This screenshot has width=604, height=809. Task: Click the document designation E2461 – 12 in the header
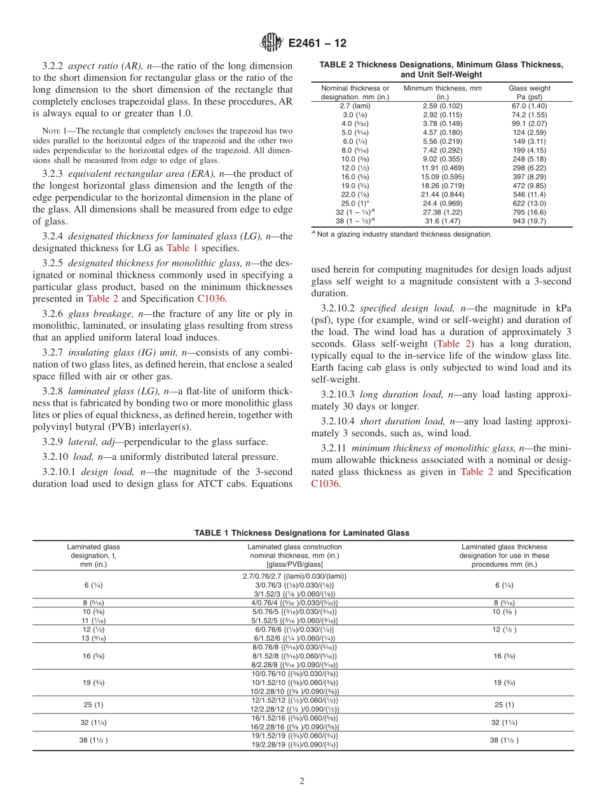coord(317,43)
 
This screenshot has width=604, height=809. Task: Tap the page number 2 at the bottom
coord(302,782)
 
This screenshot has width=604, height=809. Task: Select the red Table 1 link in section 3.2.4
coord(182,248)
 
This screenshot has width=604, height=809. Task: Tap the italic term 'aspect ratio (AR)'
coord(106,66)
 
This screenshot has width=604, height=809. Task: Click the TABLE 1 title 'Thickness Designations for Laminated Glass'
coord(302,533)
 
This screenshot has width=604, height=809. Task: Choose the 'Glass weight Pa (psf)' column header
coord(529,93)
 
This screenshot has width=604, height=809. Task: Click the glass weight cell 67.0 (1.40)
coord(529,106)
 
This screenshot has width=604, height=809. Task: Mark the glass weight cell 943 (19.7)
coord(529,221)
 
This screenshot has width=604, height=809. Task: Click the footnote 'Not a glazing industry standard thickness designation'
coord(404,234)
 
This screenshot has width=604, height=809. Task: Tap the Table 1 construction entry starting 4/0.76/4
coord(294,602)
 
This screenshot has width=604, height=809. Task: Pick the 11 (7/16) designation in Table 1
coord(93,620)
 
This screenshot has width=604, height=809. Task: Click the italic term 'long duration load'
coord(399,394)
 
